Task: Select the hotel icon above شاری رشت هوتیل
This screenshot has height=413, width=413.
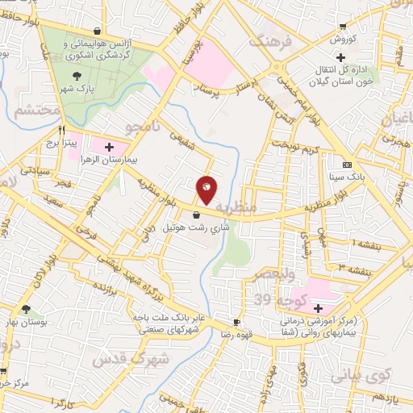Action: click(x=198, y=215)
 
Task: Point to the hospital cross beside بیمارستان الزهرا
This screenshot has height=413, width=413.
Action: click(x=108, y=146)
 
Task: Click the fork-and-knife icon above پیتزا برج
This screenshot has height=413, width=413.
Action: click(x=61, y=128)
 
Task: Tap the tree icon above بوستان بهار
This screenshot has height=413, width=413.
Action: click(x=27, y=308)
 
